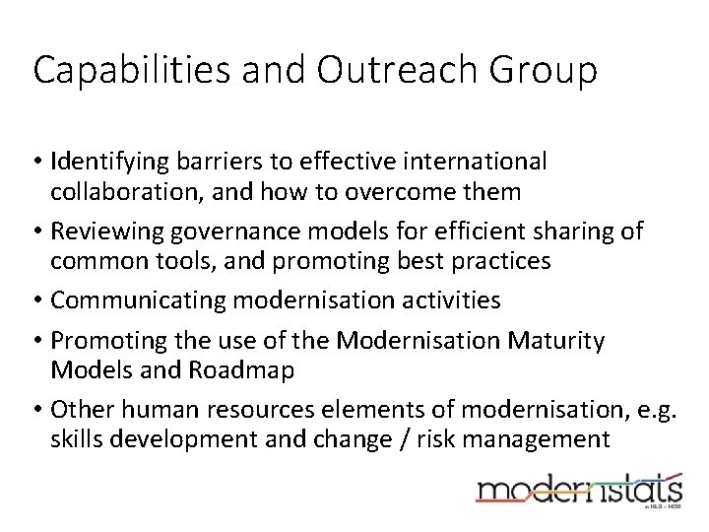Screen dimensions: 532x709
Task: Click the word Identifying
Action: coord(105,160)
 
